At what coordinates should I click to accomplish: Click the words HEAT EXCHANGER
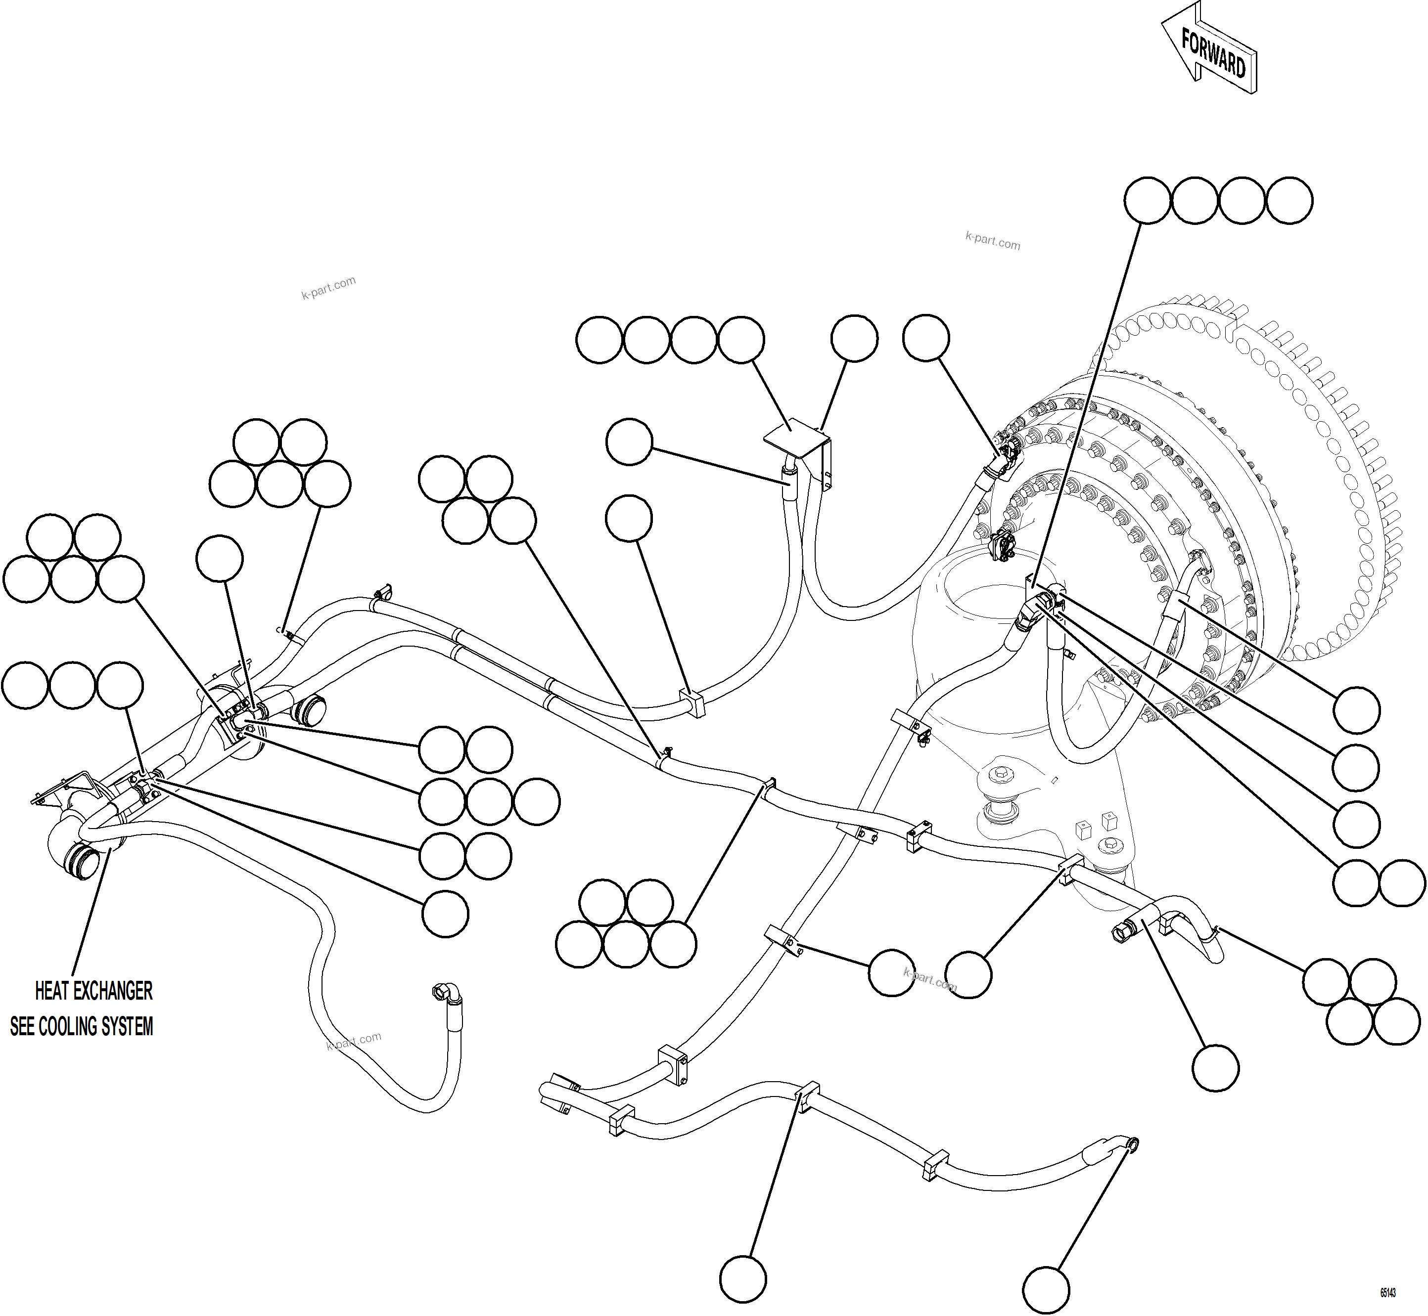point(93,991)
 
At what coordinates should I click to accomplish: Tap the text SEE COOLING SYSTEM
point(81,1026)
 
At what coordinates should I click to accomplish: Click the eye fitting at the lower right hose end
point(1130,1164)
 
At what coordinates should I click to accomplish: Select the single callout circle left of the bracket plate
point(629,442)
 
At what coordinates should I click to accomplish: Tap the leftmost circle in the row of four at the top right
point(1147,201)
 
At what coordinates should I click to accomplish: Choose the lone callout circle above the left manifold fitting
point(220,558)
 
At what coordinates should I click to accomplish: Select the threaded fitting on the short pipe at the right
point(1120,929)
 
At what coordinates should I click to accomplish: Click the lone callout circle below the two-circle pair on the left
point(445,914)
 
